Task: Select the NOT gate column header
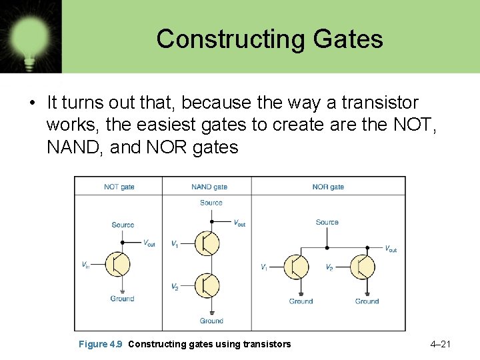(x=119, y=187)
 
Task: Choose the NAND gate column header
(x=209, y=187)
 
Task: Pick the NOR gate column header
(x=328, y=187)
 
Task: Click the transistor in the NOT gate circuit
(x=119, y=265)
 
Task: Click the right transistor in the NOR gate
(x=363, y=267)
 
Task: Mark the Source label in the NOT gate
(x=123, y=225)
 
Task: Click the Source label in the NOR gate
(x=327, y=223)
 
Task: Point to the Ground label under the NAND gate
(x=211, y=321)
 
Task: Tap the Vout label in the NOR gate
(x=391, y=249)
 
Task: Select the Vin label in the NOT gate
(x=85, y=265)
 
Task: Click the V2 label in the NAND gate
(x=175, y=287)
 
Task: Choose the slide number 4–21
(x=441, y=344)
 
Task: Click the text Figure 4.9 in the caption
(x=101, y=344)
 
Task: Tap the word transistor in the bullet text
(x=380, y=103)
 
